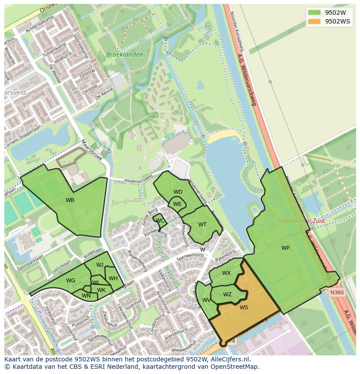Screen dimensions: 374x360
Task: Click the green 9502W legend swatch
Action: (314, 12)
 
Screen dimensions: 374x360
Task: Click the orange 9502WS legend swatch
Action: (314, 21)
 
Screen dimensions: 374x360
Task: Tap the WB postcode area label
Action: (70, 200)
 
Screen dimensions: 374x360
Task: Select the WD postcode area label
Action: (178, 192)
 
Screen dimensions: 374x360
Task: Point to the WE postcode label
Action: (177, 204)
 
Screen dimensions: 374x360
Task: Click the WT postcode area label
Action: (202, 225)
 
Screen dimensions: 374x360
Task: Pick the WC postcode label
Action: (160, 221)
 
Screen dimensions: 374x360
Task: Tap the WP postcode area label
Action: (285, 248)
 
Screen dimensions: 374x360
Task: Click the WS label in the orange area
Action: (243, 307)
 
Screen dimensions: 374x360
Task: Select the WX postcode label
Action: (226, 273)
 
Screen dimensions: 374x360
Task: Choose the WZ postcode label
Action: (227, 295)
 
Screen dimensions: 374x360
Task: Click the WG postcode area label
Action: (71, 281)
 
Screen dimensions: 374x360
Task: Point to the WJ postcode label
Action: (100, 265)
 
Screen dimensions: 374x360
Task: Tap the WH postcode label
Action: (113, 278)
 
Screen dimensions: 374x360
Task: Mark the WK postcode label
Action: (101, 290)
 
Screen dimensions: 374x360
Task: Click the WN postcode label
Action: (86, 296)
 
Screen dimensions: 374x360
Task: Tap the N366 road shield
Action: (337, 292)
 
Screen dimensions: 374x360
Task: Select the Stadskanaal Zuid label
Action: (301, 221)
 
